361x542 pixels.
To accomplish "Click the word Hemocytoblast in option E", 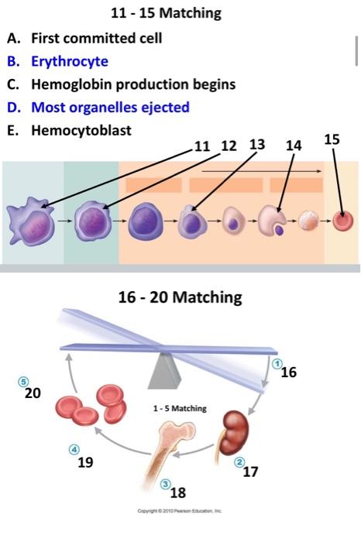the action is click(81, 130).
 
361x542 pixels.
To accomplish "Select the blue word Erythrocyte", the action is click(70, 61).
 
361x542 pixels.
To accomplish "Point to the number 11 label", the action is click(202, 146).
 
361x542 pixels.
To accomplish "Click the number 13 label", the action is click(257, 145).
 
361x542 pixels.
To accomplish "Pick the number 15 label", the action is click(332, 139).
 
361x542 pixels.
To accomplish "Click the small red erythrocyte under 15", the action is click(343, 221).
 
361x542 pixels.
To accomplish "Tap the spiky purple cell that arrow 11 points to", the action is click(31, 221).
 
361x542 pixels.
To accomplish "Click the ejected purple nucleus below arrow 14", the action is click(279, 229).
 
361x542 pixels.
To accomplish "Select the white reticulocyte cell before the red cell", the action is click(308, 221).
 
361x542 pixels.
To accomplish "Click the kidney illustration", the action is click(236, 433).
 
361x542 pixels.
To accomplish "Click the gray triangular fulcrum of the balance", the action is click(164, 371).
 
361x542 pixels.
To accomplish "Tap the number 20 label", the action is click(33, 393).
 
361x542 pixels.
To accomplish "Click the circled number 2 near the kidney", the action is click(239, 461).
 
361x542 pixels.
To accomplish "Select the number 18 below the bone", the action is click(178, 492).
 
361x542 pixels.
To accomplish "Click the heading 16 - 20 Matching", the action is click(180, 297).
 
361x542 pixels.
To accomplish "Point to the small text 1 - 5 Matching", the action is click(180, 408).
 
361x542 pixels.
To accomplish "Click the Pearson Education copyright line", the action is click(180, 511).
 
